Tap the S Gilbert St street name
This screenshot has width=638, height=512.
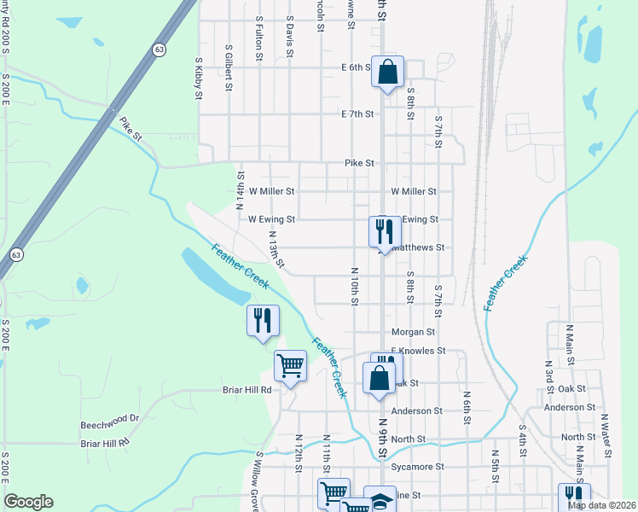pyautogui.click(x=229, y=67)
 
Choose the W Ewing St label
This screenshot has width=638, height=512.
pyautogui.click(x=271, y=219)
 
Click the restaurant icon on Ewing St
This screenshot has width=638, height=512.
pyautogui.click(x=384, y=231)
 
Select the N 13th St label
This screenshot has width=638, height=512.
pyautogui.click(x=275, y=248)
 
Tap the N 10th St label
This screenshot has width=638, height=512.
pyautogui.click(x=353, y=285)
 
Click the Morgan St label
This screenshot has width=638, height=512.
pyautogui.click(x=413, y=332)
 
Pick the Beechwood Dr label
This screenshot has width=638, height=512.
pyautogui.click(x=109, y=419)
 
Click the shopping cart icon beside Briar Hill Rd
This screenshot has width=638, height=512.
pyautogui.click(x=290, y=366)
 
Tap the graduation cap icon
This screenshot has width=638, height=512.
pyautogui.click(x=380, y=499)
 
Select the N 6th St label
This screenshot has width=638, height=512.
pyautogui.click(x=467, y=401)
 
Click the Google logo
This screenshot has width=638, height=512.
pyautogui.click(x=28, y=502)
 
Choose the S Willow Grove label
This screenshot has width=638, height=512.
pyautogui.click(x=257, y=482)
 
